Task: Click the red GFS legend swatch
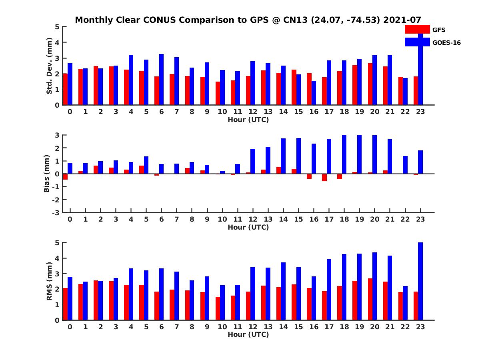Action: (417, 30)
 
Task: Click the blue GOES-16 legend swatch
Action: (417, 42)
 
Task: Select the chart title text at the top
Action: (248, 20)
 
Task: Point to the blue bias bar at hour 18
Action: (344, 154)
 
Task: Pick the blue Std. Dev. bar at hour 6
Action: (161, 80)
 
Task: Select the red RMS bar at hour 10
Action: (218, 308)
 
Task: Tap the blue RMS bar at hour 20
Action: (375, 286)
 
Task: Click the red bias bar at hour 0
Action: (65, 176)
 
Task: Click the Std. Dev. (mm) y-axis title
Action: (50, 66)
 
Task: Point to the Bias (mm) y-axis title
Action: (47, 174)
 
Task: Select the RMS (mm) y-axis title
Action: (50, 281)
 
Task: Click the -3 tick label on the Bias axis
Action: (57, 212)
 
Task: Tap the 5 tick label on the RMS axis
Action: (58, 242)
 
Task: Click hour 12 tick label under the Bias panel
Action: (253, 220)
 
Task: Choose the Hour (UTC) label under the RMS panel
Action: (248, 334)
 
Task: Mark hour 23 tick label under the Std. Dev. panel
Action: (420, 112)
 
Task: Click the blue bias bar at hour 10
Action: (222, 172)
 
